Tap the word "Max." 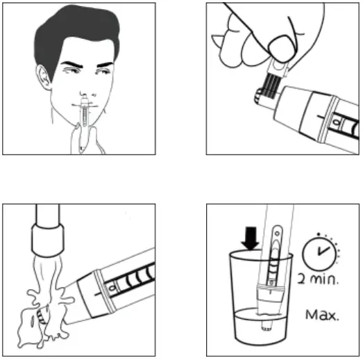tap(323, 315)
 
